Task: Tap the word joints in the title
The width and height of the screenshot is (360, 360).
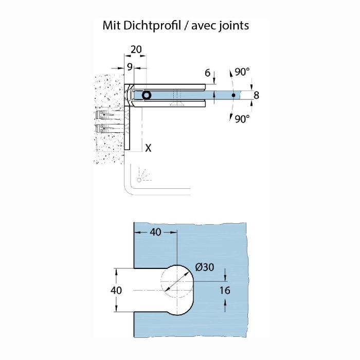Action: (x=232, y=25)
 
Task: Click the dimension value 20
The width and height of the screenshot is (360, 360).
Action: (x=136, y=50)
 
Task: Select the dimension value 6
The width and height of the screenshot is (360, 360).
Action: (x=208, y=73)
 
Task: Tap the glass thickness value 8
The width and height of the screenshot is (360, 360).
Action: (x=256, y=95)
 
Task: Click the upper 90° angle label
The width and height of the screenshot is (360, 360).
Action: (x=242, y=72)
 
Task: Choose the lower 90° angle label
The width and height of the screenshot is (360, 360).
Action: (x=242, y=118)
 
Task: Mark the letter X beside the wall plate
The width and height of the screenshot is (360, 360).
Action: (x=148, y=148)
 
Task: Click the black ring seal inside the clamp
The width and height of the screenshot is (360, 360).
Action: (x=147, y=95)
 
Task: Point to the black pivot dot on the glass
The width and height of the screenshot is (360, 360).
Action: (x=233, y=95)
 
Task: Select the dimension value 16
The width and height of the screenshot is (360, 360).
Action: (x=224, y=290)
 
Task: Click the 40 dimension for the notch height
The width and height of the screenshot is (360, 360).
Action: (x=117, y=290)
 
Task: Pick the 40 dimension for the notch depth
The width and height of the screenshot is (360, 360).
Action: (x=155, y=232)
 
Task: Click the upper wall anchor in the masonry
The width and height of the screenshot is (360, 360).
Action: (x=109, y=114)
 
